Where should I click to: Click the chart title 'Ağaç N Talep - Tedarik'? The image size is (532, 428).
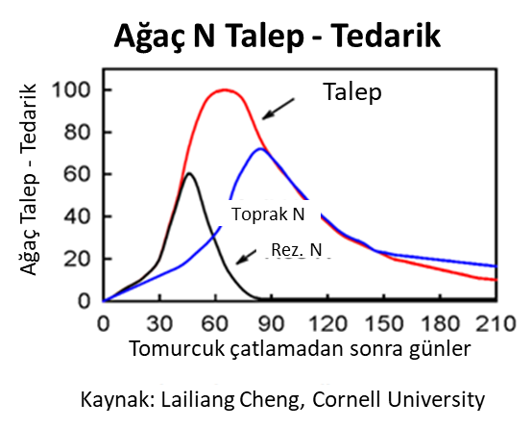[x=278, y=37]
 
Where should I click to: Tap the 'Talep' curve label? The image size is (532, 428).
[x=352, y=92]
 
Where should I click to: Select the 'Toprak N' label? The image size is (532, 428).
[x=268, y=214]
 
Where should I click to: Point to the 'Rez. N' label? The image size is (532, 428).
[x=297, y=250]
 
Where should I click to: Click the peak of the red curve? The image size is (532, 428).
[x=225, y=90]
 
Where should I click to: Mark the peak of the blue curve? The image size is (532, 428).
[x=260, y=149]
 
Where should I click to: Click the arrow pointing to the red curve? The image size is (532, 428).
[x=278, y=109]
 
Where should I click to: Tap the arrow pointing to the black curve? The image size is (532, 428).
[x=246, y=257]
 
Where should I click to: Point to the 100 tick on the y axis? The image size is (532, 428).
[x=72, y=90]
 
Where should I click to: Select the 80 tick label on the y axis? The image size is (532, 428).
[x=78, y=132]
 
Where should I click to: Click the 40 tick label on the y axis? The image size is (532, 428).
[x=78, y=216]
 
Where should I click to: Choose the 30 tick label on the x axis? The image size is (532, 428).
[x=159, y=323]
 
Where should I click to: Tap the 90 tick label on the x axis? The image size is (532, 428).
[x=271, y=323]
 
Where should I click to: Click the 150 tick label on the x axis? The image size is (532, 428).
[x=384, y=323]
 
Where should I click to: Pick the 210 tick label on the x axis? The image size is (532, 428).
[x=496, y=323]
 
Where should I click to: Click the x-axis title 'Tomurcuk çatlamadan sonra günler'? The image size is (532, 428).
[x=301, y=349]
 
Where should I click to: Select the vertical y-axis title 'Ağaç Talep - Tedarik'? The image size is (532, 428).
[x=28, y=179]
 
